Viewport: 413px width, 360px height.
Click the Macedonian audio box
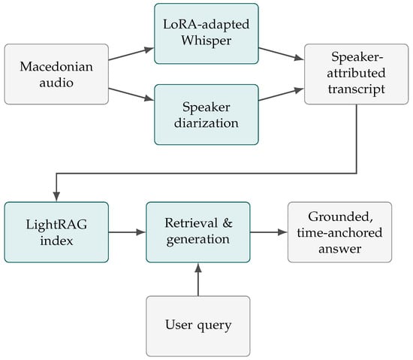point(56,74)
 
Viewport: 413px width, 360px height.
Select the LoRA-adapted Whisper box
point(206,34)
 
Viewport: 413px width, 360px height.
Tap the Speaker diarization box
point(206,115)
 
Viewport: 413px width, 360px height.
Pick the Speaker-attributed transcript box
point(356,74)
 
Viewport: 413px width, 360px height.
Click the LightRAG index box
point(56,232)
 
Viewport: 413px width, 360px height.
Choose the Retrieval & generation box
point(198,232)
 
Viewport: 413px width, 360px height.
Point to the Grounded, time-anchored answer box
point(339,232)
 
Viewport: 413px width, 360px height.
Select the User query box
point(198,326)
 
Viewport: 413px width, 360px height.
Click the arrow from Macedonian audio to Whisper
point(131,54)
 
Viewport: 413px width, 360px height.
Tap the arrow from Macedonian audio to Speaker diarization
point(131,95)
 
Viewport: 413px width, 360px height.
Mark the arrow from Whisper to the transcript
point(282,54)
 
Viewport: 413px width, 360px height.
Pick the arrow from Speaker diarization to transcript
point(282,95)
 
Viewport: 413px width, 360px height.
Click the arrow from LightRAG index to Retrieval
point(127,232)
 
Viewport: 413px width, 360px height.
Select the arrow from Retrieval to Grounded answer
point(269,232)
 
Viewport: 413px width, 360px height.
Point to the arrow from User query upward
point(198,280)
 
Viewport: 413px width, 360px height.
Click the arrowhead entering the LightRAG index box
point(56,197)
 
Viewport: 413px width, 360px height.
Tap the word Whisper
point(206,41)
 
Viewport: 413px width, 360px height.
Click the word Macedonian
point(56,66)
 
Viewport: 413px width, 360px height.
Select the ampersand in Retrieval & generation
point(228,223)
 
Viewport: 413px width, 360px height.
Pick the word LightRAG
point(56,225)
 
